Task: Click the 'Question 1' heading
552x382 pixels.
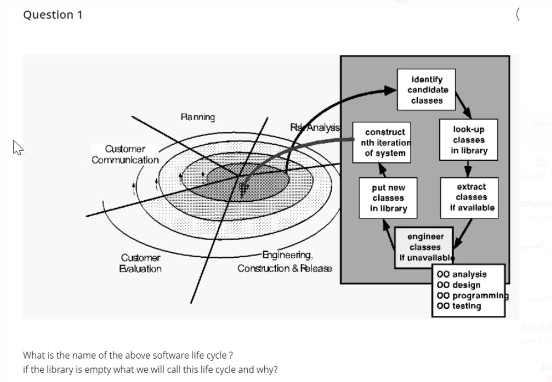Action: click(53, 15)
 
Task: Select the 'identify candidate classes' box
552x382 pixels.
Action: click(426, 90)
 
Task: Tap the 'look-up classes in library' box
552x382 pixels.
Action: click(469, 140)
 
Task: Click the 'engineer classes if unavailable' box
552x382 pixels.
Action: click(424, 247)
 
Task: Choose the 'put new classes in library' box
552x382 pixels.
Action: click(388, 198)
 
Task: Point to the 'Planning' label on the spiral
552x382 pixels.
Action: click(198, 117)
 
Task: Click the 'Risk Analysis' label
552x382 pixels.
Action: click(315, 127)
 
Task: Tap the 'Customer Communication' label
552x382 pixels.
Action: click(125, 154)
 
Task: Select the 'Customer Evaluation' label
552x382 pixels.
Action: click(141, 263)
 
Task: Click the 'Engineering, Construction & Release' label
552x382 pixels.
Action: click(285, 261)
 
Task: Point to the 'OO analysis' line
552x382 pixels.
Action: click(461, 274)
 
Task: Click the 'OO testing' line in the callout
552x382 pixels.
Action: click(459, 306)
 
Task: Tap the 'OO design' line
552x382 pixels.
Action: click(459, 285)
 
